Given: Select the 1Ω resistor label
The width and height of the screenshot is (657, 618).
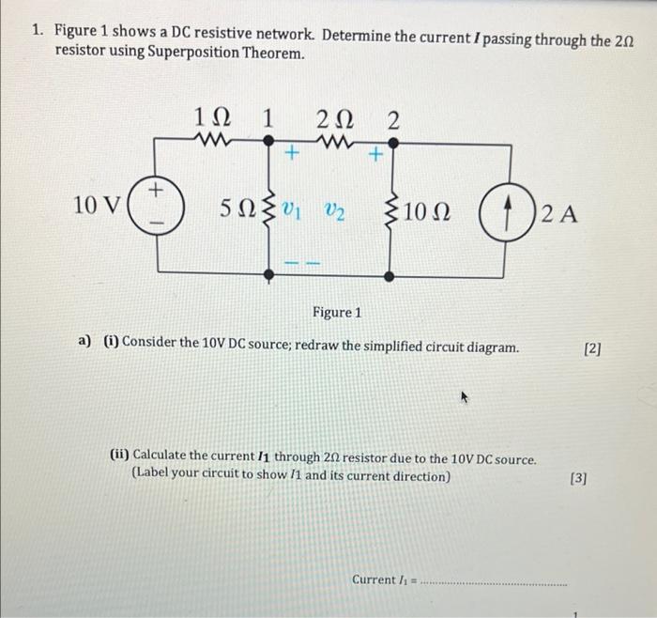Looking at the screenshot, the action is pyautogui.click(x=211, y=118).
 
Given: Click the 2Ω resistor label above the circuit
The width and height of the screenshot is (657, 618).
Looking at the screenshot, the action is pyautogui.click(x=335, y=119).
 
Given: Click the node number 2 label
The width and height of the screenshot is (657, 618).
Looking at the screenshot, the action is pyautogui.click(x=393, y=119).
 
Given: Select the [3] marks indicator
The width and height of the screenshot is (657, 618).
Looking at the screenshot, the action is pyautogui.click(x=578, y=478).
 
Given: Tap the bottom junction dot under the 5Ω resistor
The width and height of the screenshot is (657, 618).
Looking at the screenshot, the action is pyautogui.click(x=269, y=274).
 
